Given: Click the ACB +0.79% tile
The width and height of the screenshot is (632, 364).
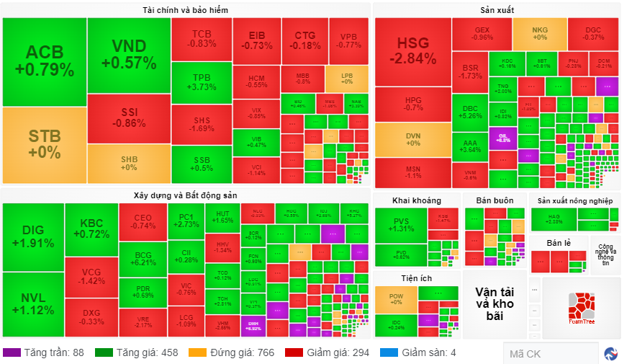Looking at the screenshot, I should coord(44,61).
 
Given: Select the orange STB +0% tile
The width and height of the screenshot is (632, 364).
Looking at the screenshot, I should coord(44,144).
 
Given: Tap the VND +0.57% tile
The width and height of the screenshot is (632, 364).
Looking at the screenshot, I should coord(129,55).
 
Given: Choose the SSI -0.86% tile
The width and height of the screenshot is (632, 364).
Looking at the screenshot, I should coord(129,118).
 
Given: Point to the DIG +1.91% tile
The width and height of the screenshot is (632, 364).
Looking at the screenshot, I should coord(33,236).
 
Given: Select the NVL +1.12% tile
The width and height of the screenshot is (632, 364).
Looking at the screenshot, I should coord(33,304).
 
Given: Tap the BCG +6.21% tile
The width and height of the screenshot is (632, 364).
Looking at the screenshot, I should coord(143,258).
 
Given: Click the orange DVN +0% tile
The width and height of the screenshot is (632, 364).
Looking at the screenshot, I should coord(412,139).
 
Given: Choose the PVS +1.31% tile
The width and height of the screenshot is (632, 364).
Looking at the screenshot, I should coord(400,225).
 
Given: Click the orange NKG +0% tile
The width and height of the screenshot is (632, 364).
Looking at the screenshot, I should coord(539,33).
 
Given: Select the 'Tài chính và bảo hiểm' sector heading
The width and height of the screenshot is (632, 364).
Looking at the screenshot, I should coord(186,9).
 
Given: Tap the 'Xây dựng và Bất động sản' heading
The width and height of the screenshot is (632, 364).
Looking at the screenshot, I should coord(186,195).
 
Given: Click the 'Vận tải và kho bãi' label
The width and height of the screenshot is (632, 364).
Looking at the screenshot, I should coord(495,303).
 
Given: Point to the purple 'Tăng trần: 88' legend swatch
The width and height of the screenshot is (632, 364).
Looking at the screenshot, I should coord(12,353).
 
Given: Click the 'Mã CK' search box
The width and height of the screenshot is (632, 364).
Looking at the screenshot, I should coord(551,353).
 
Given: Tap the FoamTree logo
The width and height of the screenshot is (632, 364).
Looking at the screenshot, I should coord(581,308).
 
